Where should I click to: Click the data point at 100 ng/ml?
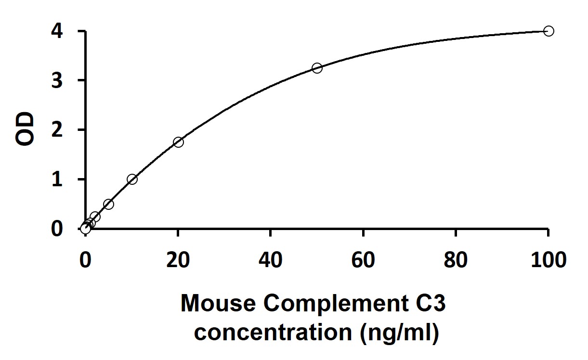coord(548,31)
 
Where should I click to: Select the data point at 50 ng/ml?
coord(317,68)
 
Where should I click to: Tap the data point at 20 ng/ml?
coord(178,142)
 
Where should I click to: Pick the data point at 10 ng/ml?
coord(132,179)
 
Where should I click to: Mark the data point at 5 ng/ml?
coord(109,204)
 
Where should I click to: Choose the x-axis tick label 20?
coord(178,260)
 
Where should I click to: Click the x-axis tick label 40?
coord(271,260)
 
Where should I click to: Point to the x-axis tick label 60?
coord(363,260)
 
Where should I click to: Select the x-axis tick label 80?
coord(456,260)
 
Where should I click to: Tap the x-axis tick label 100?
coord(548,260)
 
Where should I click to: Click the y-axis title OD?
coord(25,129)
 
